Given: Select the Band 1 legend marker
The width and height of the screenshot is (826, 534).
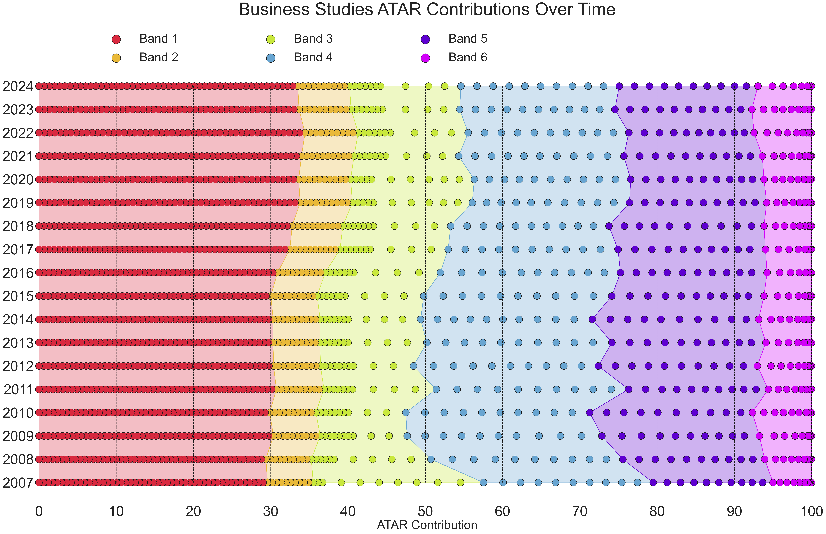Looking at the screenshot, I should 116,39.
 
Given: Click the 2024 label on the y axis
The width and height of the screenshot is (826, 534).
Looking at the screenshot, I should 18,86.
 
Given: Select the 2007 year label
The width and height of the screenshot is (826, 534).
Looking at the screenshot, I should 18,483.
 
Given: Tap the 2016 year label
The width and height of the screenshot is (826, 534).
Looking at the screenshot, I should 18,273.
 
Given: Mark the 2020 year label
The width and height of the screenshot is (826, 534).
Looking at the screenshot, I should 18,180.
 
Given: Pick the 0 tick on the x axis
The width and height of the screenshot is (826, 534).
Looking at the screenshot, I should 39,511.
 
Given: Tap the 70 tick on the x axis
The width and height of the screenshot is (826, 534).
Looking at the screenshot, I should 580,511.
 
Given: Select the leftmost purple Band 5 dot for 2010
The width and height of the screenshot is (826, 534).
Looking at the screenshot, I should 590,413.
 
